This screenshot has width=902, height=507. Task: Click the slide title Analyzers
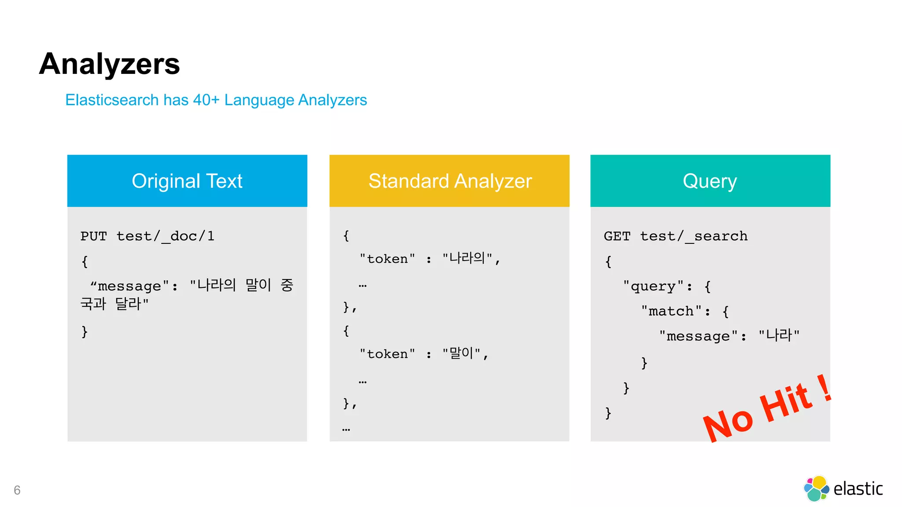(x=109, y=64)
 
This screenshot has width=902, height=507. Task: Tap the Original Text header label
(x=187, y=181)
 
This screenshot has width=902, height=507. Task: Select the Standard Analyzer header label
(x=450, y=181)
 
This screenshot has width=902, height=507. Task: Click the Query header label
(x=710, y=181)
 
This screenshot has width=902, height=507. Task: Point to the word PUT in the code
(x=93, y=236)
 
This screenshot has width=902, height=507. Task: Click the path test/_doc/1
(x=165, y=236)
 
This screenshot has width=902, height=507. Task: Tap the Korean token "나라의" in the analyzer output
(x=467, y=258)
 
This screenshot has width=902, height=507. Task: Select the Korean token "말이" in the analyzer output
(x=461, y=353)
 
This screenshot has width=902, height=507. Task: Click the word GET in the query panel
(x=617, y=236)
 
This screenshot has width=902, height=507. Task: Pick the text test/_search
(x=694, y=236)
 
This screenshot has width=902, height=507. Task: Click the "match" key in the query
(x=672, y=311)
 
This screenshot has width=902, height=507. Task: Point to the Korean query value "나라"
(x=779, y=336)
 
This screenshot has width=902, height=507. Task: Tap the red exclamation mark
(x=825, y=387)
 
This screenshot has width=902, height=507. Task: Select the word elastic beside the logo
(x=858, y=489)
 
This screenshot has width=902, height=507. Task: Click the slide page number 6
(x=17, y=490)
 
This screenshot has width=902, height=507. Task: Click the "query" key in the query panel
(x=654, y=287)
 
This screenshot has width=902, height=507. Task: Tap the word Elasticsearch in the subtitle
(x=112, y=100)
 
